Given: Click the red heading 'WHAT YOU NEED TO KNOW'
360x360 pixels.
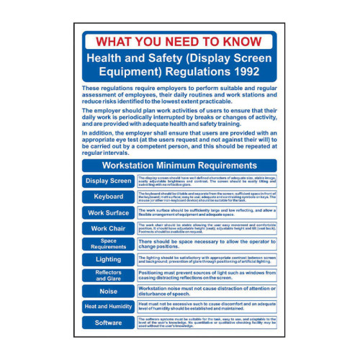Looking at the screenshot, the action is coord(179,41).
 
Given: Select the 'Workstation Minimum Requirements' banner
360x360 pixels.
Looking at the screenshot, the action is coord(179,165).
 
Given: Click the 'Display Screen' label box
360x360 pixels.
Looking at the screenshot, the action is coord(108,181).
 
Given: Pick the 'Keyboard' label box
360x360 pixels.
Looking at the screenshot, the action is coord(108,197).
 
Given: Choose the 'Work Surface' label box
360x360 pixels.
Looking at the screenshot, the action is coord(108,212).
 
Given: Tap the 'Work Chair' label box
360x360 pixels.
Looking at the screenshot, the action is coord(108,228).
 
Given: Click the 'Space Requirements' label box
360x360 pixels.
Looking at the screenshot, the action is coord(108,244).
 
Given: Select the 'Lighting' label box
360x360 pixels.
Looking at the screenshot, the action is coord(108,259).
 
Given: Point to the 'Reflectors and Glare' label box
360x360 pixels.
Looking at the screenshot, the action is coord(108,275).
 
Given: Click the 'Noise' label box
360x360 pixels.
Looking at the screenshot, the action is coord(108,291).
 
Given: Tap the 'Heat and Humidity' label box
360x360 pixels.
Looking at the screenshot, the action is coord(108,307).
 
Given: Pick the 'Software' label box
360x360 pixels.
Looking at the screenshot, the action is coord(108,323).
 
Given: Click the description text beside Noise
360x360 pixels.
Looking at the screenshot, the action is coord(205,291).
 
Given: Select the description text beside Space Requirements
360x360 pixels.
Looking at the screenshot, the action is coord(205,244).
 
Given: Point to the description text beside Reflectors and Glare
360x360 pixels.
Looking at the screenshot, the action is coord(205,275).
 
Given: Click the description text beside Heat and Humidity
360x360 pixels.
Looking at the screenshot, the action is coord(205,307).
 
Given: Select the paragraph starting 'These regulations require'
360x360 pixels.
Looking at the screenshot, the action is coord(179,95).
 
